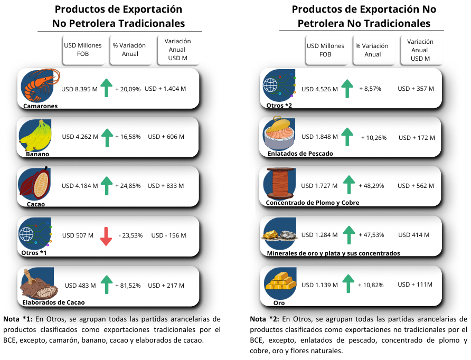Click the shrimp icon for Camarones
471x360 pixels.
click(x=39, y=85)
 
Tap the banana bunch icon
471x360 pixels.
click(x=35, y=135)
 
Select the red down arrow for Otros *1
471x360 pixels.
click(x=107, y=236)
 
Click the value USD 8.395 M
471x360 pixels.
click(x=80, y=89)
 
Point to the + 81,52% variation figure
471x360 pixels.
click(x=128, y=286)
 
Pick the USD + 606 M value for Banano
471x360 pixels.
click(x=166, y=137)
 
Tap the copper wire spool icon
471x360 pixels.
click(x=280, y=184)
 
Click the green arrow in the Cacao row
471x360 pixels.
click(x=107, y=186)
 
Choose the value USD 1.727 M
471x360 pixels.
click(x=319, y=186)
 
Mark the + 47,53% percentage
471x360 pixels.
click(x=371, y=235)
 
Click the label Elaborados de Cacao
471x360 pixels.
click(x=53, y=302)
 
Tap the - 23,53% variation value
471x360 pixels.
click(x=130, y=235)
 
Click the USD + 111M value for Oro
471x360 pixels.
click(x=415, y=285)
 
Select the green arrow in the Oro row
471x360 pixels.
click(x=348, y=283)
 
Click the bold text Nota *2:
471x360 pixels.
click(x=265, y=319)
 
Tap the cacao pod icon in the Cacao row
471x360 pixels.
click(x=35, y=183)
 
